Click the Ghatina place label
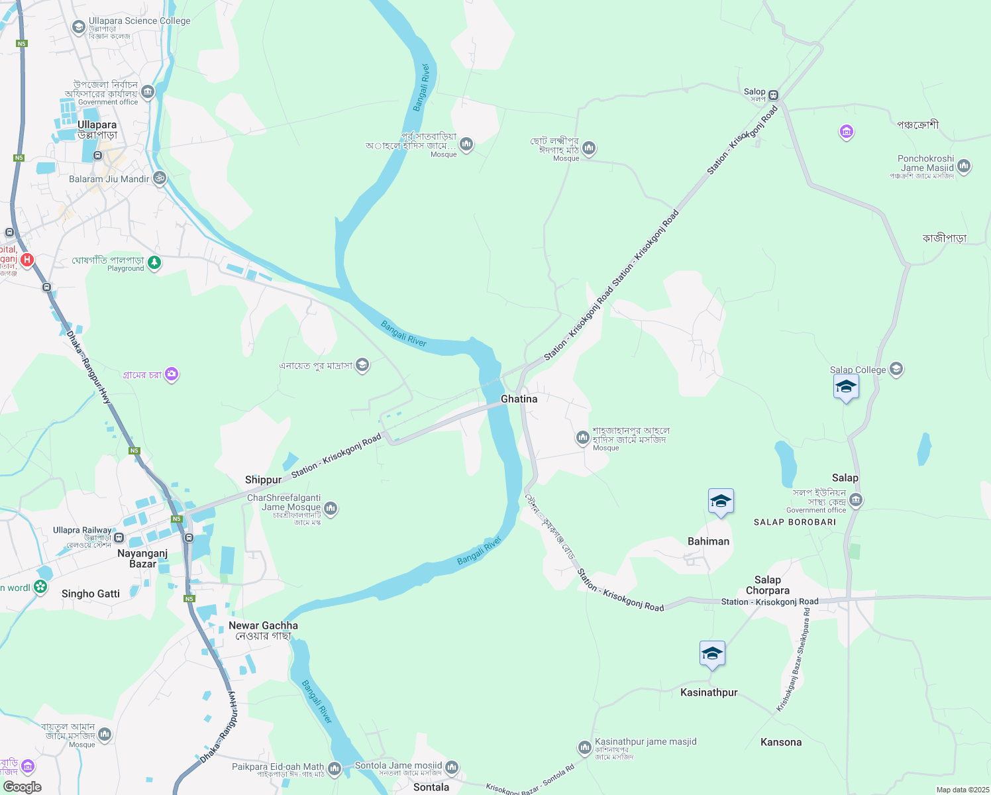click(x=519, y=399)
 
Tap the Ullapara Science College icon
click(x=79, y=26)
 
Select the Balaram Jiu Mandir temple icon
click(x=159, y=178)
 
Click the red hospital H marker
click(x=27, y=260)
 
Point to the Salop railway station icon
click(x=773, y=95)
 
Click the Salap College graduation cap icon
click(x=896, y=369)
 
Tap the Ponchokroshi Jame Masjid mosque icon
click(x=964, y=166)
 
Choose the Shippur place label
click(x=263, y=480)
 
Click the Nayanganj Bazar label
click(x=142, y=558)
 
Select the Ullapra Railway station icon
click(x=119, y=537)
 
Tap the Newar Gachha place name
click(x=263, y=625)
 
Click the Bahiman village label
click(x=708, y=541)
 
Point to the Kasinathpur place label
click(x=709, y=692)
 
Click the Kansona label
click(x=781, y=742)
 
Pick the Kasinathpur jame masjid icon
click(x=584, y=748)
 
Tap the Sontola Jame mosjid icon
click(x=452, y=767)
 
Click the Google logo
click(x=23, y=787)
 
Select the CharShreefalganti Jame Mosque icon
click(x=331, y=508)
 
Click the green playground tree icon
click(x=154, y=263)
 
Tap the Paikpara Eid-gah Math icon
click(x=335, y=768)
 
